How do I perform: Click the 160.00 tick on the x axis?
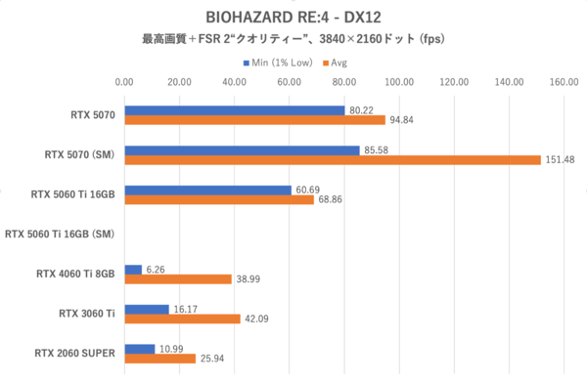(x=564, y=83)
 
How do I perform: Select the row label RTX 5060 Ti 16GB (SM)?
(x=61, y=233)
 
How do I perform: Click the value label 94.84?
(x=402, y=120)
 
